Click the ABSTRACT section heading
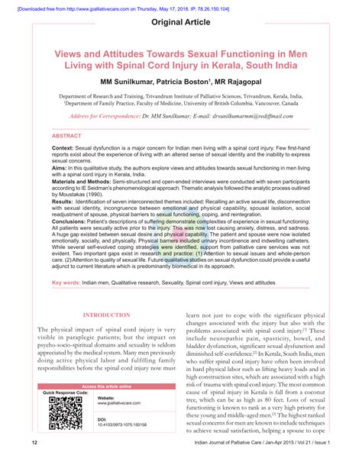click(x=66, y=135)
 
